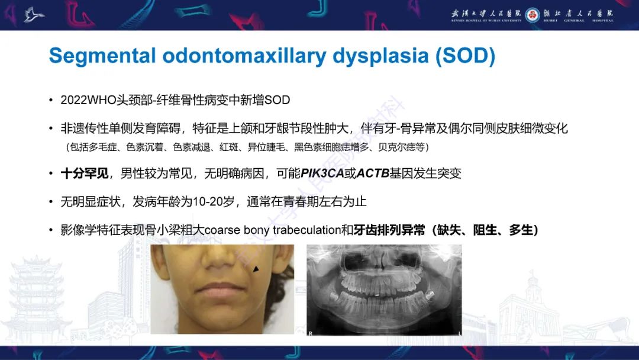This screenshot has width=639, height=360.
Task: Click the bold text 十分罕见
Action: [85, 173]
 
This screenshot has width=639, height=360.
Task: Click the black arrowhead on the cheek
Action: [256, 269]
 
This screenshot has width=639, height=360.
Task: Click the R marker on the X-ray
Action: [311, 334]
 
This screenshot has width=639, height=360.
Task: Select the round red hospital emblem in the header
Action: [532, 14]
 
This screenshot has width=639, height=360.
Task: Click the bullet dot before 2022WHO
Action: [51, 100]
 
